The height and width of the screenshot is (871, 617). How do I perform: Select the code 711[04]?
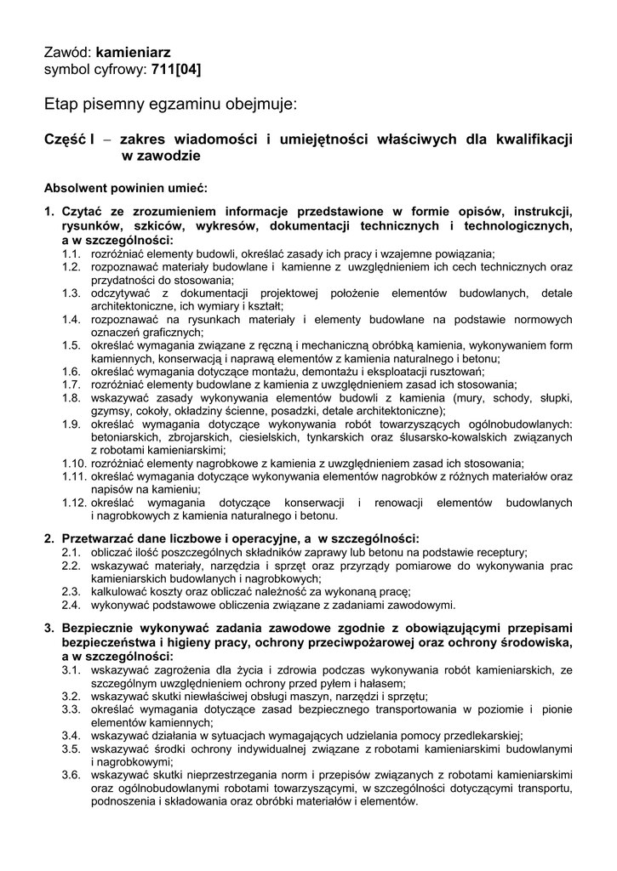coord(176,69)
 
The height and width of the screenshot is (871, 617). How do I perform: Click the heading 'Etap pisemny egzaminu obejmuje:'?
coord(171,105)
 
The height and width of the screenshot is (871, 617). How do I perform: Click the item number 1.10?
coord(73,464)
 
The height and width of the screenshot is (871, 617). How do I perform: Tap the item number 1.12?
coord(73,503)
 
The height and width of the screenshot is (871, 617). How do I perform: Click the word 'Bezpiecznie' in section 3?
coord(98,628)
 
